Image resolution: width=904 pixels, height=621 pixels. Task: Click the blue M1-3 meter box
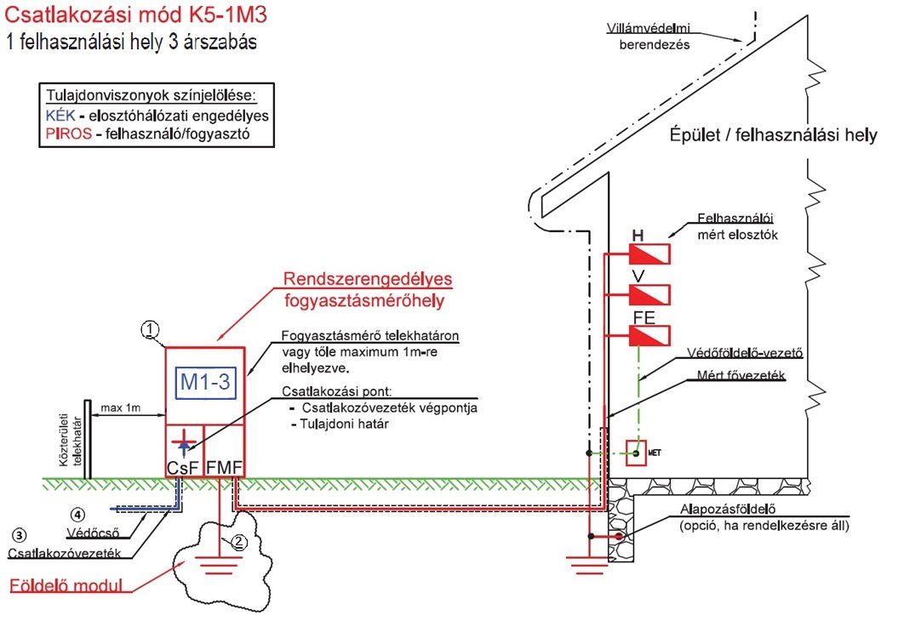click(x=204, y=384)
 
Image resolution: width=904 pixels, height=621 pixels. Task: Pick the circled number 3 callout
click(x=19, y=535)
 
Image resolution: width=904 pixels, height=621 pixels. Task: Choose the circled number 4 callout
click(x=77, y=514)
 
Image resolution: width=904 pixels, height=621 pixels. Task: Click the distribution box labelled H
click(x=649, y=254)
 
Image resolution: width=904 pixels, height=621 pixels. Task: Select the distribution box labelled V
click(x=649, y=294)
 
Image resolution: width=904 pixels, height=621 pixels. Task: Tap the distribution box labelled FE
click(x=649, y=335)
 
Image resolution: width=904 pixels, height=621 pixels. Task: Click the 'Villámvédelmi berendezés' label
click(x=653, y=37)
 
